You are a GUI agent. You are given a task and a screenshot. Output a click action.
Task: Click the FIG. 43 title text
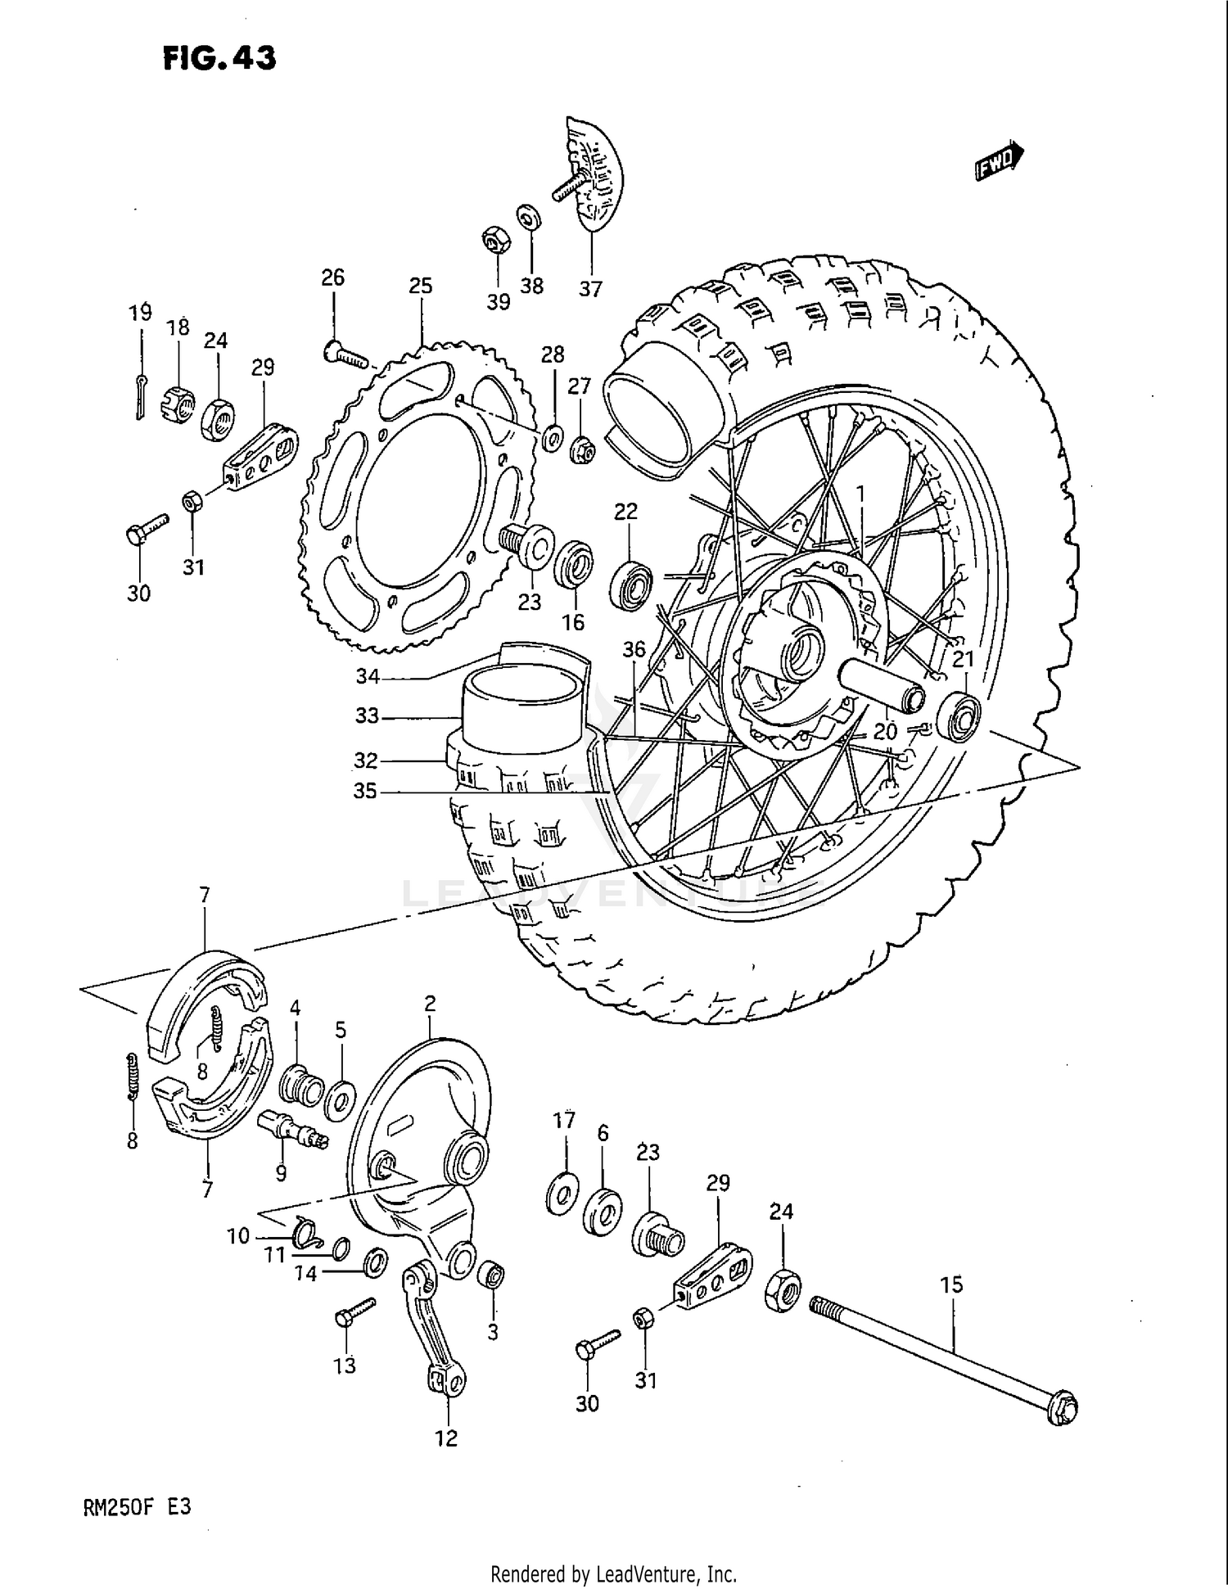[x=219, y=58]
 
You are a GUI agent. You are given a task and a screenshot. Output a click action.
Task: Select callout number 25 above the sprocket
[x=420, y=287]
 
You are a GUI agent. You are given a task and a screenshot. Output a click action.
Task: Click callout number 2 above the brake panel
[x=430, y=1004]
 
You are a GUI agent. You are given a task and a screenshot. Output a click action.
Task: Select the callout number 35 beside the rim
[x=365, y=792]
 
